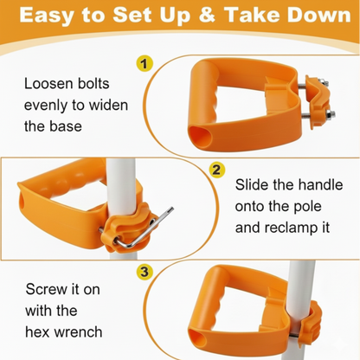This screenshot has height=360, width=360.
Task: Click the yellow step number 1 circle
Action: [145, 63]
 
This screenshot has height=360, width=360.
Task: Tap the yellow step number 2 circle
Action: [217, 170]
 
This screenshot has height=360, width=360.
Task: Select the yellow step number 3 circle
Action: [145, 272]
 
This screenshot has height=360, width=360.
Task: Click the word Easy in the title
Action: [47, 16]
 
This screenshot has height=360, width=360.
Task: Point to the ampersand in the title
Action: [207, 15]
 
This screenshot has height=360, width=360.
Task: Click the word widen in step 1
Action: [108, 105]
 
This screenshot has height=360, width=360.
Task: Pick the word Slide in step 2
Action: [251, 184]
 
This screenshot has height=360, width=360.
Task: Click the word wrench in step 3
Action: [78, 332]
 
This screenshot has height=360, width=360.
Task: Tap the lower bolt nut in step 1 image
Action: [331, 114]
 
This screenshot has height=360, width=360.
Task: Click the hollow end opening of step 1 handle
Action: [200, 137]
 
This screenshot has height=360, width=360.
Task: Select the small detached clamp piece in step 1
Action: [318, 101]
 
